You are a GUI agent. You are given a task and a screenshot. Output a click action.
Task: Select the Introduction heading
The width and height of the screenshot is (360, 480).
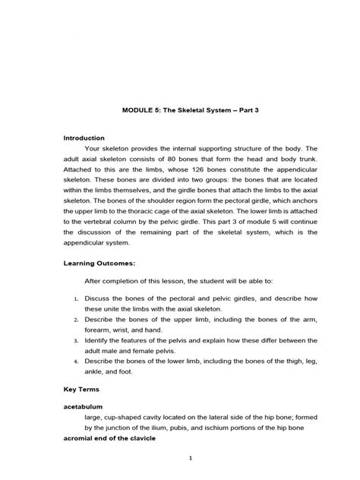point(84,138)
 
